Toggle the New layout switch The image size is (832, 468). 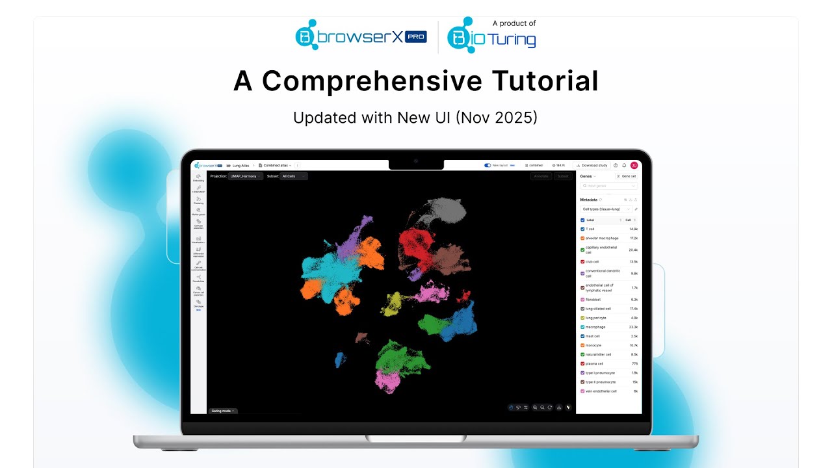point(487,165)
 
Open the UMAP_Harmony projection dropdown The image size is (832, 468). point(246,176)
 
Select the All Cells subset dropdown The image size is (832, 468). point(294,176)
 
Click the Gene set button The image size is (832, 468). point(627,176)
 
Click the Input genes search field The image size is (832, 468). point(609,186)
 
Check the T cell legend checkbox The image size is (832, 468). point(582,229)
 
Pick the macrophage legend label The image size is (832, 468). point(595,327)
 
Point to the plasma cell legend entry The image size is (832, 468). point(594,363)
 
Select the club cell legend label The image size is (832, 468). point(592,261)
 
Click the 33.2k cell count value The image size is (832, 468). point(633,327)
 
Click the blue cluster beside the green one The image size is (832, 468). point(462,322)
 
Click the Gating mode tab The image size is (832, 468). point(223,411)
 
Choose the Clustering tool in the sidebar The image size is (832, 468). point(198,200)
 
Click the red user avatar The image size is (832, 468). point(634,165)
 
